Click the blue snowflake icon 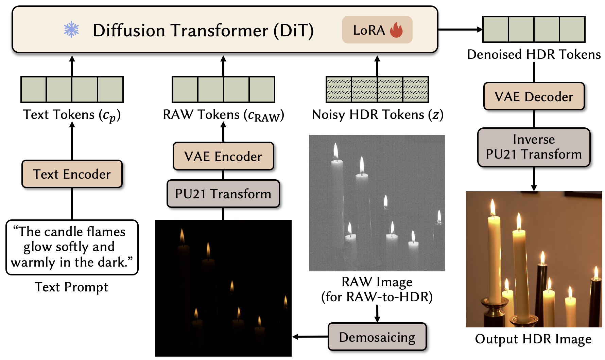point(71,30)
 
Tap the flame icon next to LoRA point(396,30)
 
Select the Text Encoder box point(72,174)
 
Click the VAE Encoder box point(223,156)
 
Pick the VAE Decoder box point(534,96)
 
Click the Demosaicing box point(377,337)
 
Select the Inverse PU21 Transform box point(534,147)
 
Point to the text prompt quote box point(72,247)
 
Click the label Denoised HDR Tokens point(534,54)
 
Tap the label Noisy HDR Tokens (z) point(377,115)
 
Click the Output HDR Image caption point(533,339)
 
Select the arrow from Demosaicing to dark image point(309,337)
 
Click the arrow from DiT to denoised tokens point(460,30)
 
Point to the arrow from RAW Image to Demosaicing point(377,313)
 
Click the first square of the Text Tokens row point(34,90)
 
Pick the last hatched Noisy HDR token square point(415,90)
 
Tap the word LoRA point(369,30)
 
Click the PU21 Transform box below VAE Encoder point(223,194)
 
